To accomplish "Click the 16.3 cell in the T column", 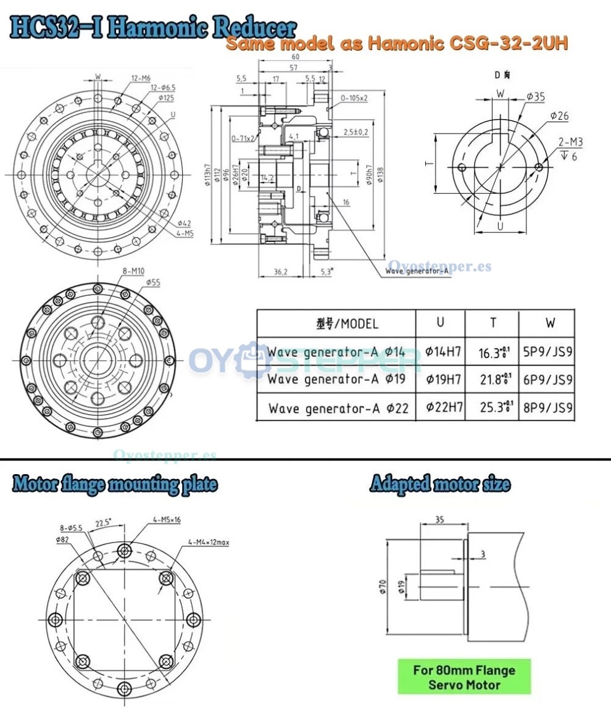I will tap(491, 352).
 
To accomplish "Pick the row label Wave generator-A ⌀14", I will tap(336, 352).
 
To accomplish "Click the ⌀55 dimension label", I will tap(153, 282).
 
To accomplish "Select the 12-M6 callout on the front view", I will tap(141, 78).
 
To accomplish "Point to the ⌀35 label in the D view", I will tap(535, 96).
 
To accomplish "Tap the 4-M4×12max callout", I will tap(209, 543).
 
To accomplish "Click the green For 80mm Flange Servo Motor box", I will tap(463, 677).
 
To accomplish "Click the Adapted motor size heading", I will tap(440, 484).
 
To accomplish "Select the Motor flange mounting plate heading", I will tap(115, 485).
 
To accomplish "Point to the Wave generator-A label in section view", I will tap(417, 270).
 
